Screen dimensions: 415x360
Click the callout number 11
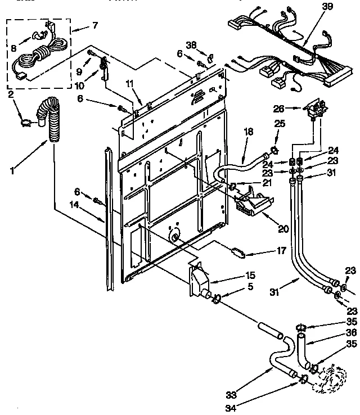pos(130,83)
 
